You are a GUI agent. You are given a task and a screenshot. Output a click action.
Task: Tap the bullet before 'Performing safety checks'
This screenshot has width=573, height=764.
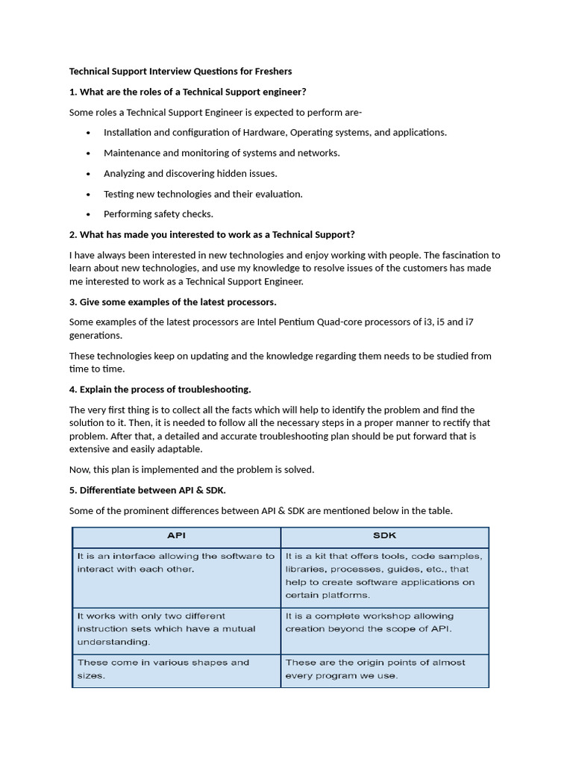[88, 214]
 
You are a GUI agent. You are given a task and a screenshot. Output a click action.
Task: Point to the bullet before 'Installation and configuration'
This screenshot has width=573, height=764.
[88, 133]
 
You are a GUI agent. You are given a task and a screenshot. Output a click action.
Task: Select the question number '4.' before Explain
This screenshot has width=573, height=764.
[73, 389]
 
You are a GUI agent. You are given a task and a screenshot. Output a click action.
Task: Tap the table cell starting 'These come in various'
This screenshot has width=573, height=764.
[176, 669]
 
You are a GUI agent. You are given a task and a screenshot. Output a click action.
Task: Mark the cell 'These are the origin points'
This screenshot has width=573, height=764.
[384, 669]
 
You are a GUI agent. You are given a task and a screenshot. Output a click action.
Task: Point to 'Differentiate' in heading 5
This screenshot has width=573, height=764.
[111, 490]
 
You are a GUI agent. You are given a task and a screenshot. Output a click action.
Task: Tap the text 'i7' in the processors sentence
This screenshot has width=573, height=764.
[469, 322]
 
